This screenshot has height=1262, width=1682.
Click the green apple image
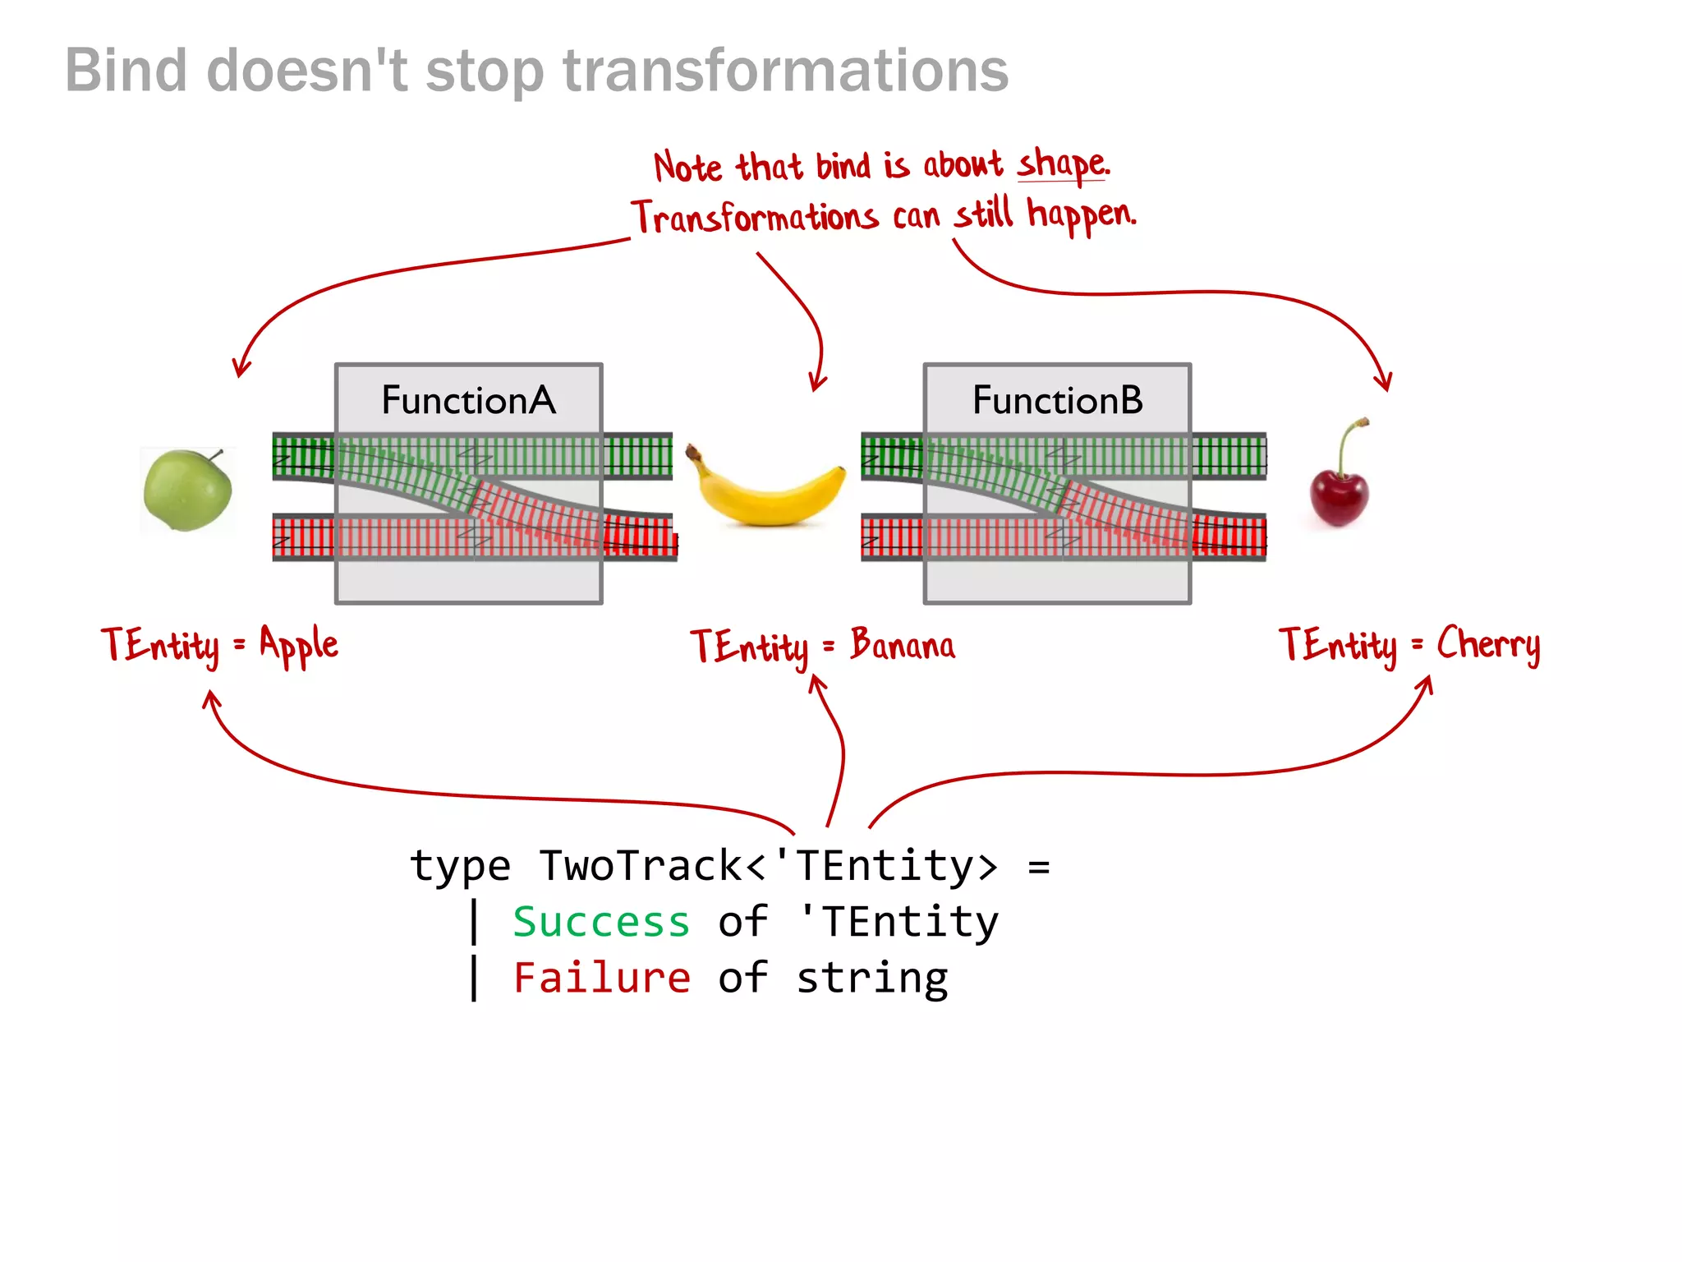tap(187, 491)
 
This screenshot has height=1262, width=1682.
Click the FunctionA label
tap(468, 400)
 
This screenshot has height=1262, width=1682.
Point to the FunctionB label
tap(1057, 400)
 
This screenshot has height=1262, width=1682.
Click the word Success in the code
tap(601, 922)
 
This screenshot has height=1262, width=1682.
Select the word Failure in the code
tap(601, 978)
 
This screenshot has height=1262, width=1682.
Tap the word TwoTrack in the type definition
tap(641, 866)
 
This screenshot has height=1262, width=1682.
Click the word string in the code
tap(872, 978)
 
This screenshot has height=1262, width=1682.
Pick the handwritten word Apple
tap(299, 644)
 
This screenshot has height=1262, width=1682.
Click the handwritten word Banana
tap(903, 644)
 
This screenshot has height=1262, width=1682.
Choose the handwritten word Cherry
tap(1488, 644)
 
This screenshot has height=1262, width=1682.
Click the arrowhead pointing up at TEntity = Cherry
tap(1427, 684)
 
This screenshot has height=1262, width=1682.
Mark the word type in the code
tap(460, 868)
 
